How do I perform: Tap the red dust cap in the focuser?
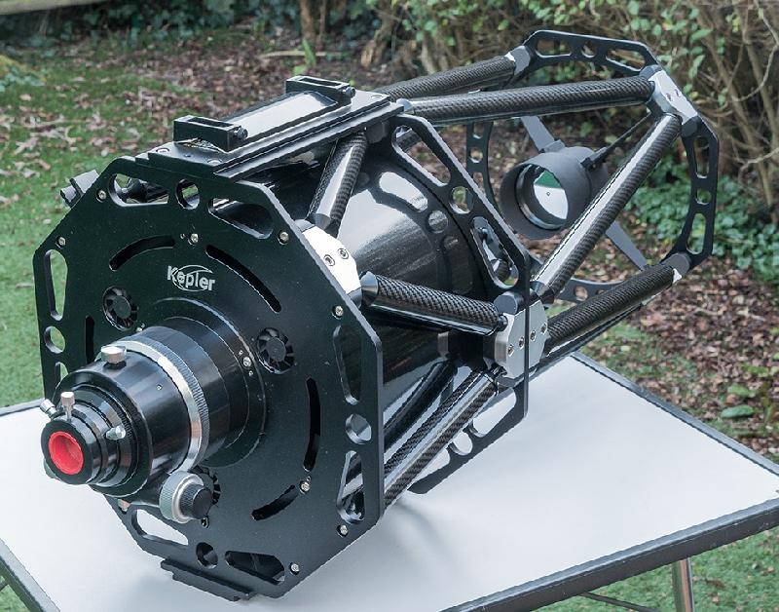(x=65, y=453)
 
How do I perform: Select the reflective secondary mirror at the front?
(x=541, y=194)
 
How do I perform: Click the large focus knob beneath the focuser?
(x=187, y=496)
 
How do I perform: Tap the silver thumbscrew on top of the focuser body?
(x=113, y=355)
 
